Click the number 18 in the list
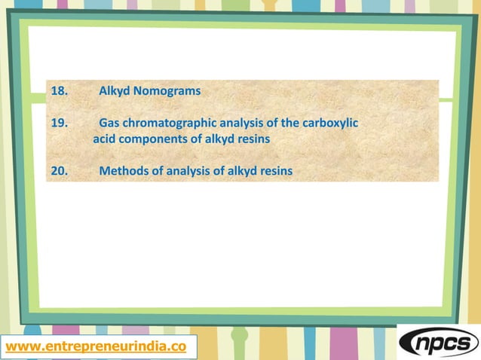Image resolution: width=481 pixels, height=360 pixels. coord(59,92)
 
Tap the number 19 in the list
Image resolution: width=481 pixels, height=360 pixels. coord(59,123)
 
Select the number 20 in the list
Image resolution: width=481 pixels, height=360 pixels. coord(59,171)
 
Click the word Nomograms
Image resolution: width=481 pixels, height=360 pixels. coord(168,92)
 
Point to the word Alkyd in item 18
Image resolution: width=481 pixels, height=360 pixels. coord(115,92)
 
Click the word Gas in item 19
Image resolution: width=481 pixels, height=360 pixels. coord(110,123)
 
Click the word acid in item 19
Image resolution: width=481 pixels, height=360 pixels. coord(105,140)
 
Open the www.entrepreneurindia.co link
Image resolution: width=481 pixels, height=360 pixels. coord(95,346)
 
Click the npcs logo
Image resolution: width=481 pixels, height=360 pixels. coord(438,343)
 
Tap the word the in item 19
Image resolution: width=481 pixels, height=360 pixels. coord(290,123)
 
